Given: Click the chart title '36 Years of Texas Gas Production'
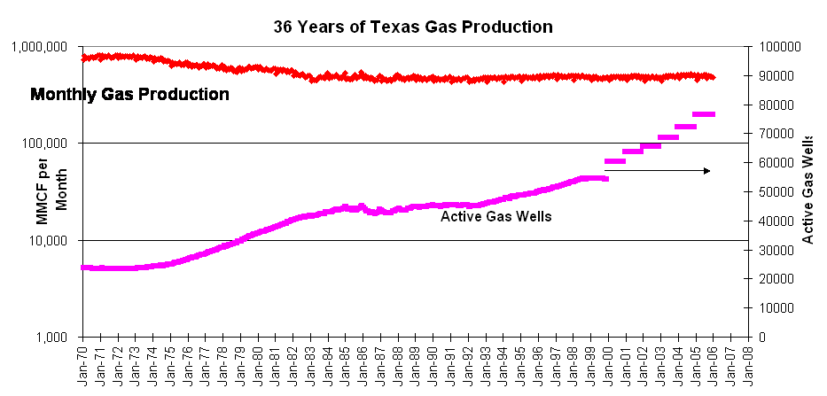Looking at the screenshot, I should coord(413,27).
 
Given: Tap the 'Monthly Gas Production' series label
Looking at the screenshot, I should coord(130,94).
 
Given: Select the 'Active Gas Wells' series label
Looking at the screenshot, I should coord(496,215).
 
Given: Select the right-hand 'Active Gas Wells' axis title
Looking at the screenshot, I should coord(808,191).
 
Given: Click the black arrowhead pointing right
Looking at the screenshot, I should coord(706,170).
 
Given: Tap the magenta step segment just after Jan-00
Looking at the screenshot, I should coord(615,161).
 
